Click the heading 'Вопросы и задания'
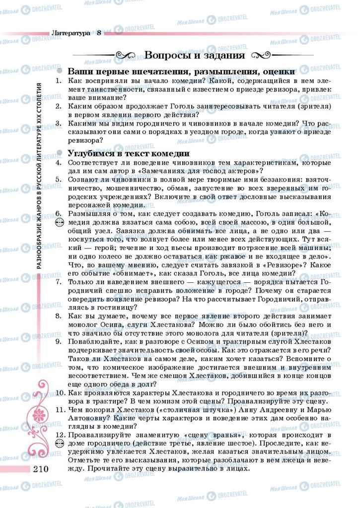coord(194,55)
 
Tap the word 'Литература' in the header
coord(71,33)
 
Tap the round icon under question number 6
coord(59,223)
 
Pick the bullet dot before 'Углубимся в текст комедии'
coord(60,153)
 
